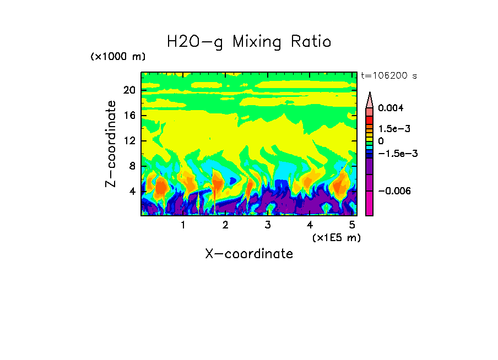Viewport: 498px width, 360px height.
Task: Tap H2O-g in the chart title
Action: point(195,42)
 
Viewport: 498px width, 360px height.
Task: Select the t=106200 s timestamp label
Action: point(388,75)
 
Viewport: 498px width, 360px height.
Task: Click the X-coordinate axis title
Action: point(249,254)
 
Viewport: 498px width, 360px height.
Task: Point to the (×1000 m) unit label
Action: point(118,57)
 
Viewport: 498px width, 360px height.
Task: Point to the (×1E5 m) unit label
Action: point(336,237)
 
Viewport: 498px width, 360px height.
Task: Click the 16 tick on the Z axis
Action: point(129,115)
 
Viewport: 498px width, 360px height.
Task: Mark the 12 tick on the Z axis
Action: point(129,140)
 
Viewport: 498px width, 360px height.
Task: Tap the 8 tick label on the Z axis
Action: point(132,166)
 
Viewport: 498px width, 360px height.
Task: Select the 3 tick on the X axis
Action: point(267,225)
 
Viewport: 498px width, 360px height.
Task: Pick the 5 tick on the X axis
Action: point(351,225)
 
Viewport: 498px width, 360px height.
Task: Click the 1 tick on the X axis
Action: point(183,225)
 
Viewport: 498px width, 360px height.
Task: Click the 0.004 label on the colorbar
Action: point(391,108)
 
